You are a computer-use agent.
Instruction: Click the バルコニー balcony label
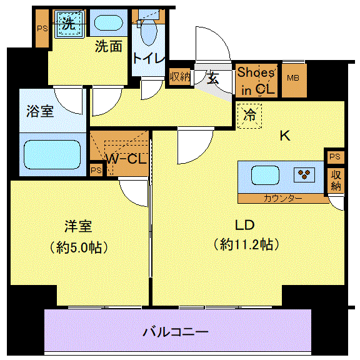pos(176,332)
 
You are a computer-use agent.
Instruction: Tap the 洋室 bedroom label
pos(78,226)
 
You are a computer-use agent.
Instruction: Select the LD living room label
pos(245,225)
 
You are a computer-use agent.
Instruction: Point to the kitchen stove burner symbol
pos(304,175)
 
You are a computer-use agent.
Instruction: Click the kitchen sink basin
pos(265,175)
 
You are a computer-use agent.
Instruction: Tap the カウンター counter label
pos(282,198)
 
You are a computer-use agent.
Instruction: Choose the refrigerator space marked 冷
pos(249,116)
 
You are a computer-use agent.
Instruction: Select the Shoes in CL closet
pos(256,81)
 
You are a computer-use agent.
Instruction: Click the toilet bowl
pos(149,32)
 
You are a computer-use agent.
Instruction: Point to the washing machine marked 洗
pos(69,24)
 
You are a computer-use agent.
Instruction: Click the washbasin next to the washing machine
pos(109,22)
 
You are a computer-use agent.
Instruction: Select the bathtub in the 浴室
pos(52,155)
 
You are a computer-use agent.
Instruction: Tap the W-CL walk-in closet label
pos(126,158)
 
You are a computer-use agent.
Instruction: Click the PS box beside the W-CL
pos(96,170)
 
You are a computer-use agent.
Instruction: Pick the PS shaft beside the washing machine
pos(42,29)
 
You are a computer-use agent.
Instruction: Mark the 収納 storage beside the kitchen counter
pos(336,181)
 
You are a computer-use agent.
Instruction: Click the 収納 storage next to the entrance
pos(180,77)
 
